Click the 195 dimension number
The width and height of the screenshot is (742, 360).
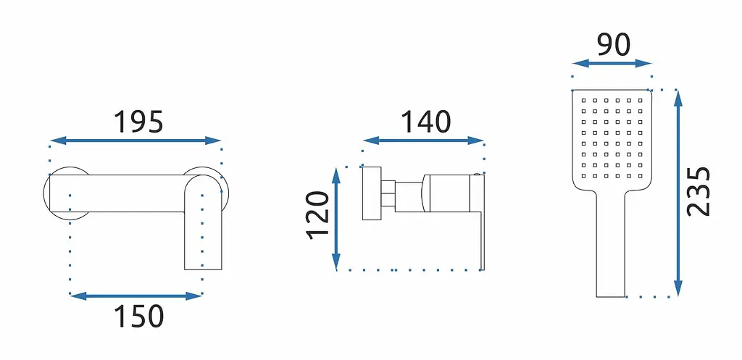[x=138, y=122]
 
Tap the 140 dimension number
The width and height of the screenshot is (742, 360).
[x=425, y=122]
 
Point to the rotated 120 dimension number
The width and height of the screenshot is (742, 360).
[x=317, y=215]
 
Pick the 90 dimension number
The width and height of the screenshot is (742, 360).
[x=614, y=46]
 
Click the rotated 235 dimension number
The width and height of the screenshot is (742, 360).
[x=699, y=192]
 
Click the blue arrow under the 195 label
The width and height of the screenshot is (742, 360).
[x=136, y=141]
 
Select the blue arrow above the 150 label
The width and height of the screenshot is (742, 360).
[x=136, y=296]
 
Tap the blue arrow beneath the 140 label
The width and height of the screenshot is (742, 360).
[x=423, y=141]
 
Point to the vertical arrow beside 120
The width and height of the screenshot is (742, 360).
[x=336, y=219]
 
